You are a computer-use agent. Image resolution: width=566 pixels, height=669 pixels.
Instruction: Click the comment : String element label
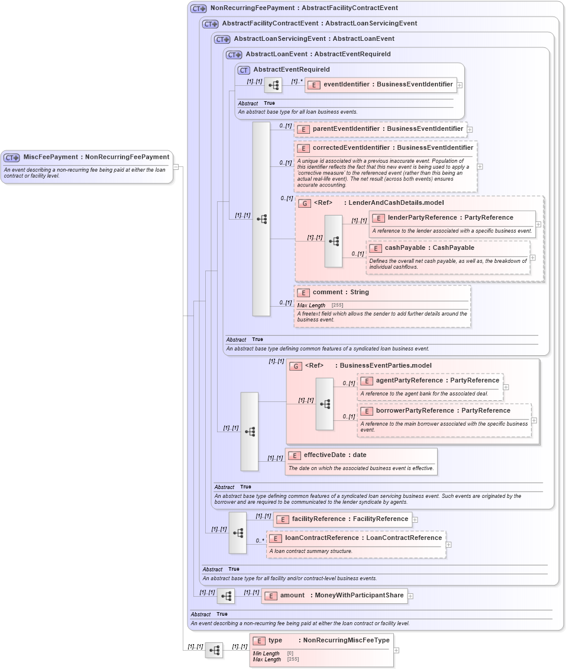pyautogui.click(x=340, y=292)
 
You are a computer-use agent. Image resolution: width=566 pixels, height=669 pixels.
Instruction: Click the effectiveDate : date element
pyautogui.click(x=335, y=455)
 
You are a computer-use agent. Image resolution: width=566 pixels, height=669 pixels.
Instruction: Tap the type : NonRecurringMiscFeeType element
pyautogui.click(x=328, y=641)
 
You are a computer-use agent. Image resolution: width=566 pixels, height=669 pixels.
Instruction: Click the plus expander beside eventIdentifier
pyautogui.click(x=460, y=85)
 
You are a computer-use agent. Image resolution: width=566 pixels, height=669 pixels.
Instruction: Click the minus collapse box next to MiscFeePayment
pyautogui.click(x=176, y=167)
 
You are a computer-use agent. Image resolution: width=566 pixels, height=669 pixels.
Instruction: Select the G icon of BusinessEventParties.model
pyautogui.click(x=296, y=366)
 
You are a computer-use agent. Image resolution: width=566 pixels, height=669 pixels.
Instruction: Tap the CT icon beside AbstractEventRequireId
pyautogui.click(x=244, y=70)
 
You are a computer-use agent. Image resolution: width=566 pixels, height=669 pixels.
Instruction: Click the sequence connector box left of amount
pyautogui.click(x=226, y=596)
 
